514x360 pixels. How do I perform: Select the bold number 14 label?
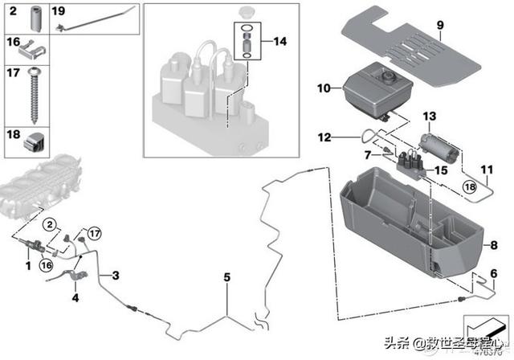279,41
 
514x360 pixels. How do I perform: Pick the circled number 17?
94,234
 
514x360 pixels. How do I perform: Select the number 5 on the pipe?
226,277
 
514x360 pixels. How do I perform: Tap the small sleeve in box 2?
35,18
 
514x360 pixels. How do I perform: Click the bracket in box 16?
35,51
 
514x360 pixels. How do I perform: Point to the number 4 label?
75,298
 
